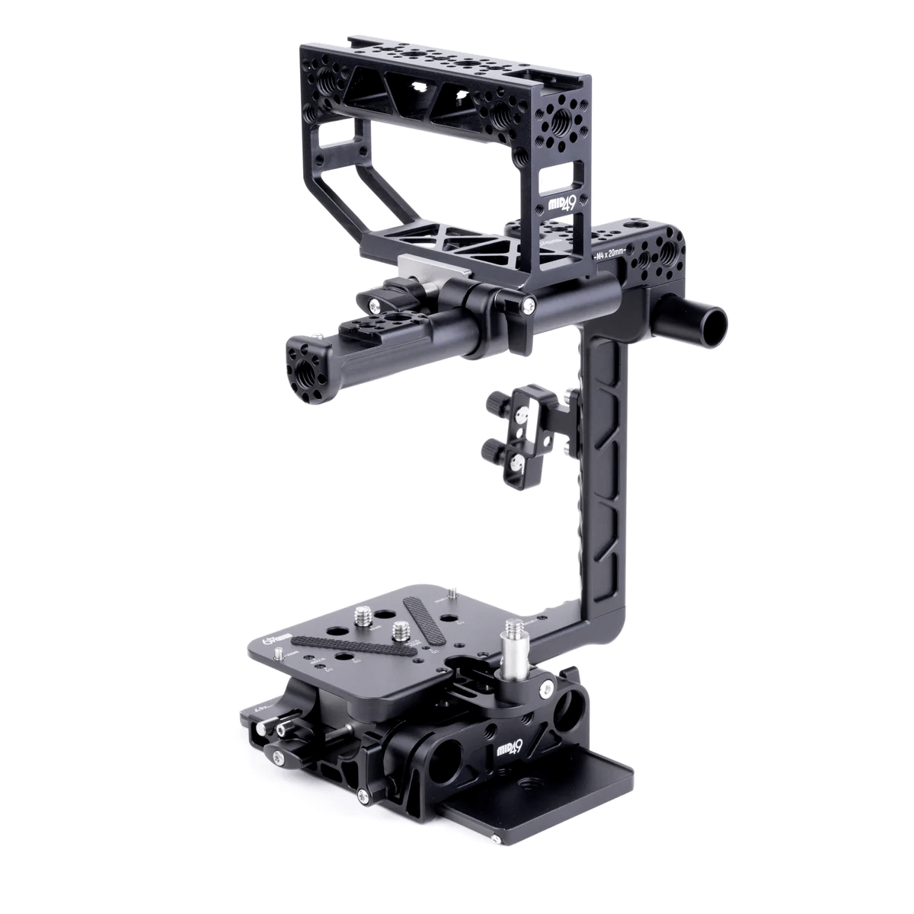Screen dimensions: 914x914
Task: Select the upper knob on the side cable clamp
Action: pyautogui.click(x=494, y=398)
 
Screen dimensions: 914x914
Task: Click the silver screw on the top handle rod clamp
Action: pyautogui.click(x=529, y=306)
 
